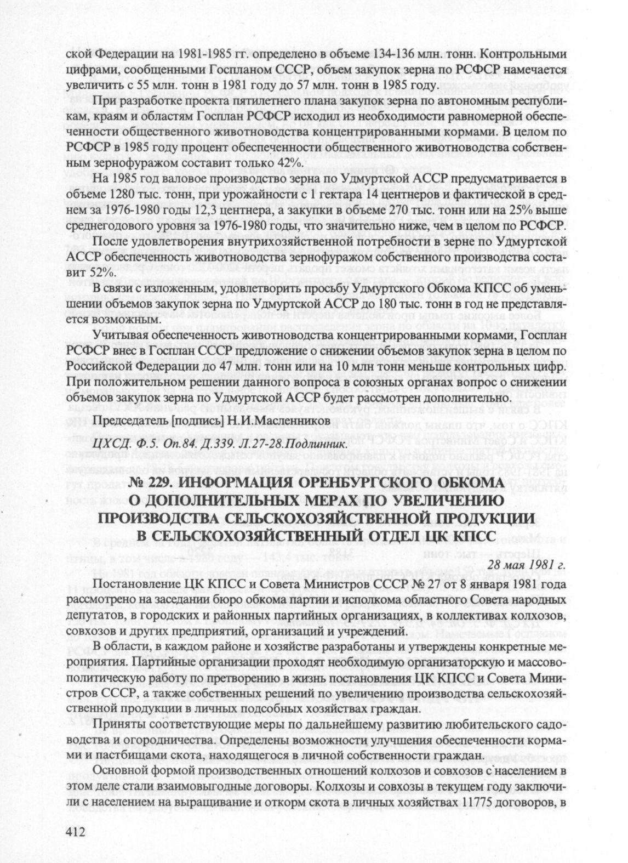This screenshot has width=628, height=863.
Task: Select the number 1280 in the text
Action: pyautogui.click(x=125, y=194)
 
